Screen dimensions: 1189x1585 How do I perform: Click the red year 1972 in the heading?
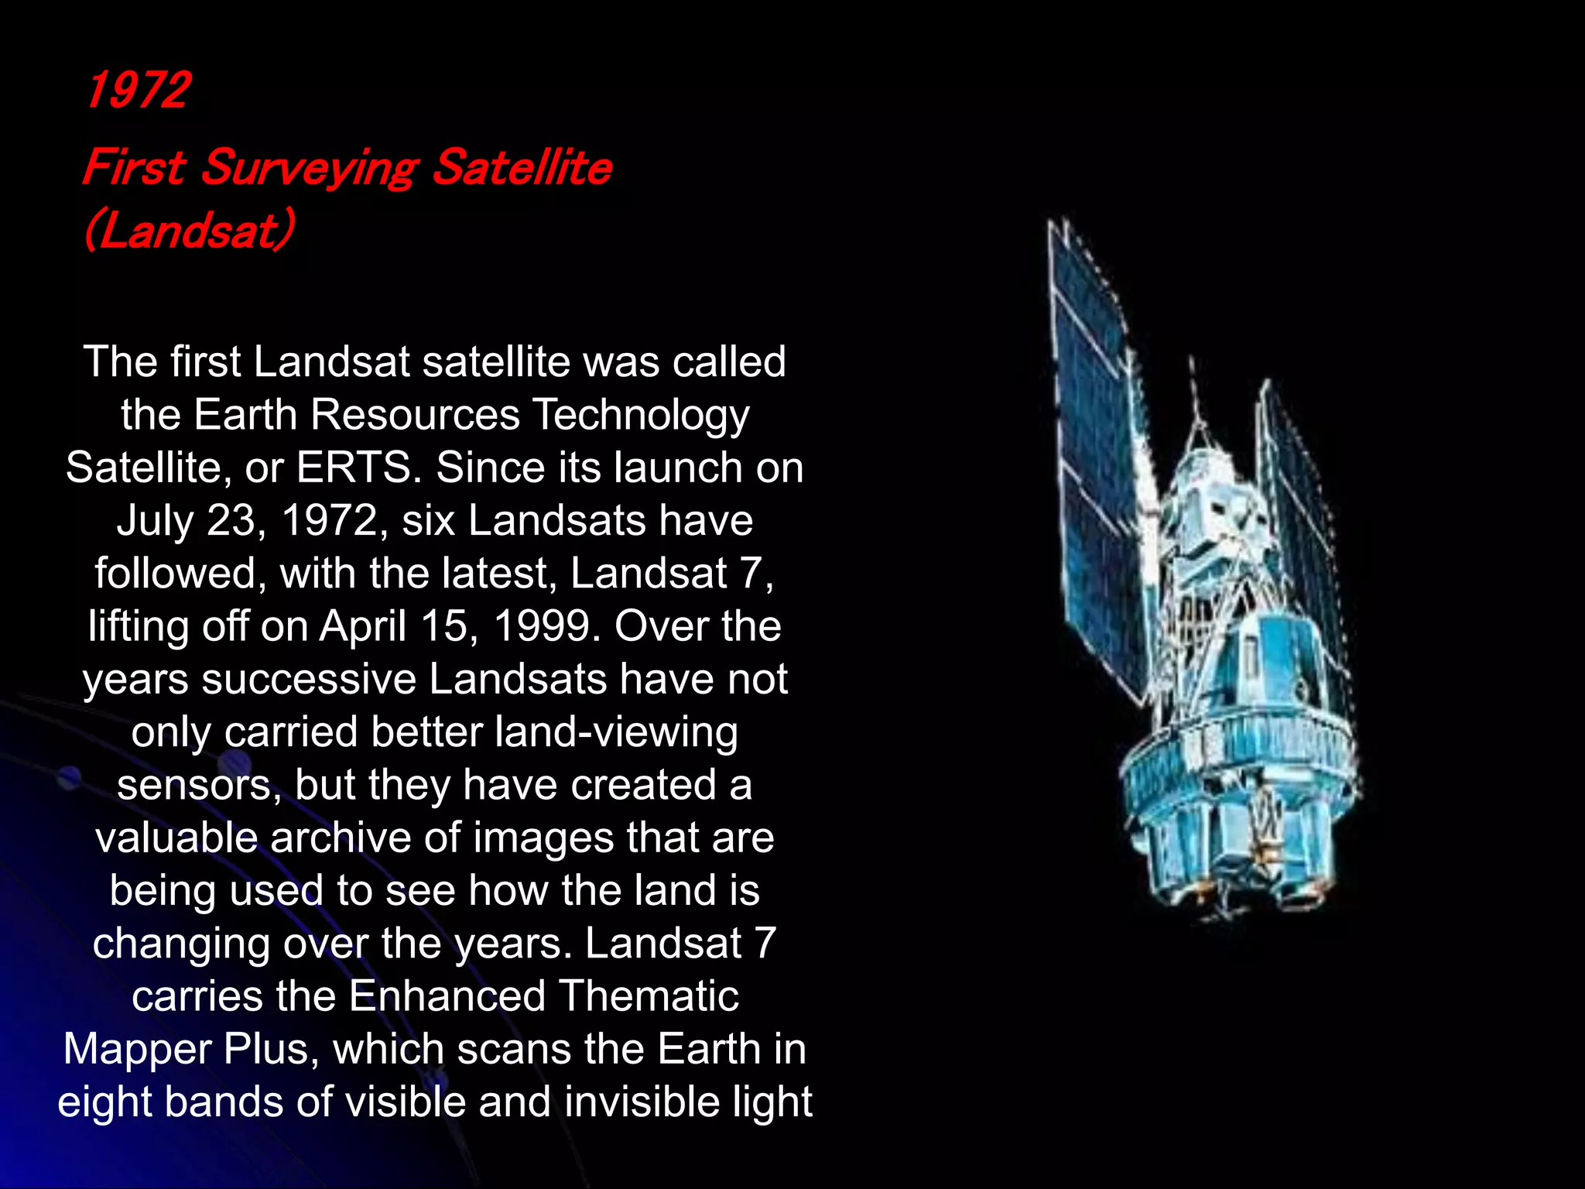click(138, 90)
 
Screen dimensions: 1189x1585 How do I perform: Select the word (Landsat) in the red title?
click(189, 230)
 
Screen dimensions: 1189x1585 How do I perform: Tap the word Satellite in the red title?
click(522, 168)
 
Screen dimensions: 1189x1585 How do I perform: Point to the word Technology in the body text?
click(641, 415)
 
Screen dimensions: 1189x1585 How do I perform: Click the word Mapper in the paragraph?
click(138, 1049)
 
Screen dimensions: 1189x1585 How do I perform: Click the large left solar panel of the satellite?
click(1099, 464)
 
